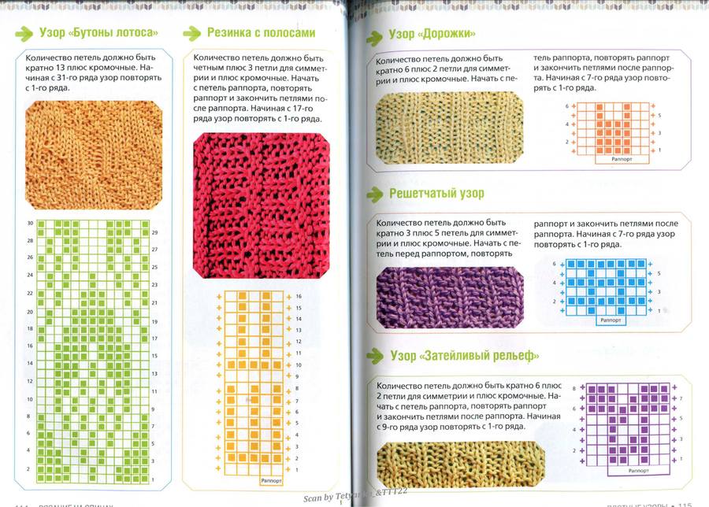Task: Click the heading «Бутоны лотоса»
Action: pyautogui.click(x=98, y=33)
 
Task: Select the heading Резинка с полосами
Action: pyautogui.click(x=261, y=33)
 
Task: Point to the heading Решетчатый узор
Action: pyautogui.click(x=436, y=194)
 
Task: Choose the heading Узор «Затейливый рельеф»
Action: pyautogui.click(x=464, y=356)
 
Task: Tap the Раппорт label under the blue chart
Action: pyautogui.click(x=611, y=321)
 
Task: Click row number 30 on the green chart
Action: pyautogui.click(x=29, y=224)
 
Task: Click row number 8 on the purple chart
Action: pyautogui.click(x=574, y=387)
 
